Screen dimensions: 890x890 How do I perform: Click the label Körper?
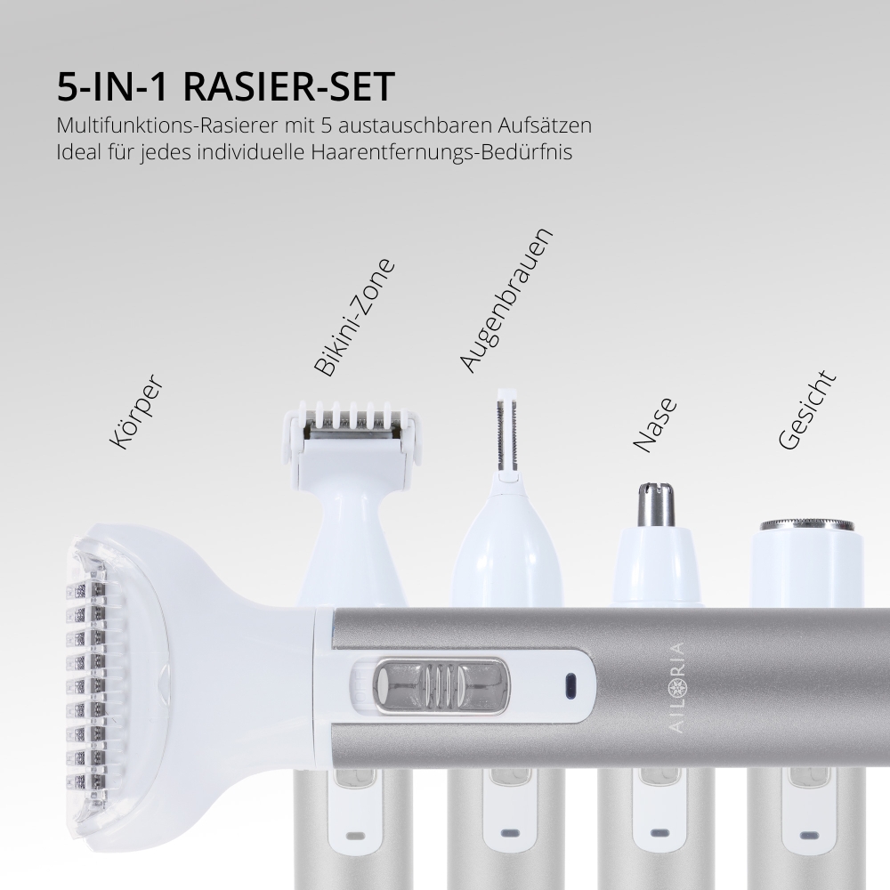pos(134,411)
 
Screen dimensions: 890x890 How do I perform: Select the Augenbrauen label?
pos(506,299)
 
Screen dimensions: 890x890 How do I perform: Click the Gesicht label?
pos(807,410)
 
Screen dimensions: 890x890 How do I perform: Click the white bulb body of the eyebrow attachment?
pos(507,556)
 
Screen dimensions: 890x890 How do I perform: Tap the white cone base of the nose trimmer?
pos(657,570)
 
